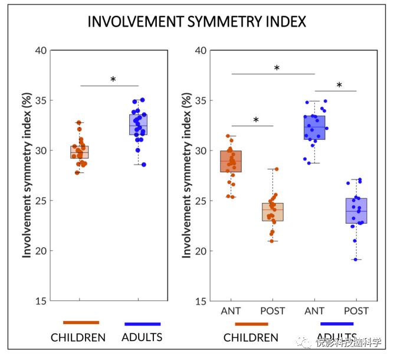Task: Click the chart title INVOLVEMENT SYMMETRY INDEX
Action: pyautogui.click(x=196, y=22)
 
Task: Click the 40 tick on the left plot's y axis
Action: pyautogui.click(x=40, y=50)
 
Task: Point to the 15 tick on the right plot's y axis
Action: pyautogui.click(x=201, y=301)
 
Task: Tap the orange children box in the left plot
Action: pyautogui.click(x=79, y=152)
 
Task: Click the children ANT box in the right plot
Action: pyautogui.click(x=231, y=161)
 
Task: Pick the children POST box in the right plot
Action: pyautogui.click(x=272, y=212)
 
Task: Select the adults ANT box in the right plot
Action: pyautogui.click(x=314, y=127)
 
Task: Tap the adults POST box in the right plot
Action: pyautogui.click(x=356, y=211)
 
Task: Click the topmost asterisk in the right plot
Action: pyautogui.click(x=277, y=68)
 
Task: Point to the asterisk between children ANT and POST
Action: pyautogui.click(x=256, y=120)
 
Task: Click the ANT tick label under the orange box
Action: pyautogui.click(x=231, y=311)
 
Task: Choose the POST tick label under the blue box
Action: pyautogui.click(x=356, y=311)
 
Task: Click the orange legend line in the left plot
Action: pyautogui.click(x=81, y=322)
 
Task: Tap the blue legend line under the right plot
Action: pyautogui.click(x=337, y=323)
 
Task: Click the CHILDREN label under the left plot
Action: pyautogui.click(x=78, y=338)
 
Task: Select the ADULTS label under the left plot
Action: pyautogui.click(x=142, y=338)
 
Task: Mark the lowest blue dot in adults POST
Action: pyautogui.click(x=355, y=260)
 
